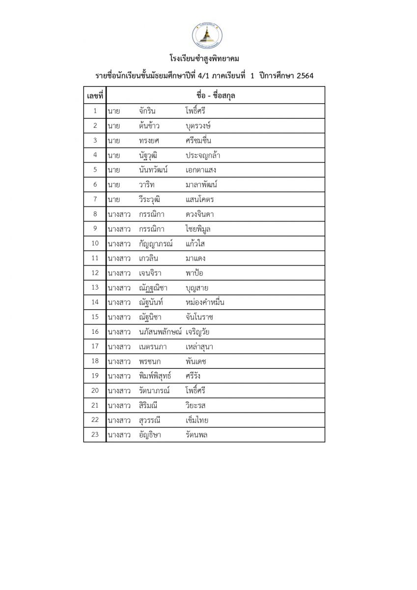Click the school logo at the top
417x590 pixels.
(207, 36)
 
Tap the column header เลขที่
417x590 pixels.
(95, 95)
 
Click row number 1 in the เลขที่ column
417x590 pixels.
(95, 111)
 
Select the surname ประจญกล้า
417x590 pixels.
(203, 155)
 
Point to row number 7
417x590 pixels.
(95, 200)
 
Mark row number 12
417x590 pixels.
(95, 273)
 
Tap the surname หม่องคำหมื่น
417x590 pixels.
(205, 302)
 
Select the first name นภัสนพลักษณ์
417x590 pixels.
(160, 332)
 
